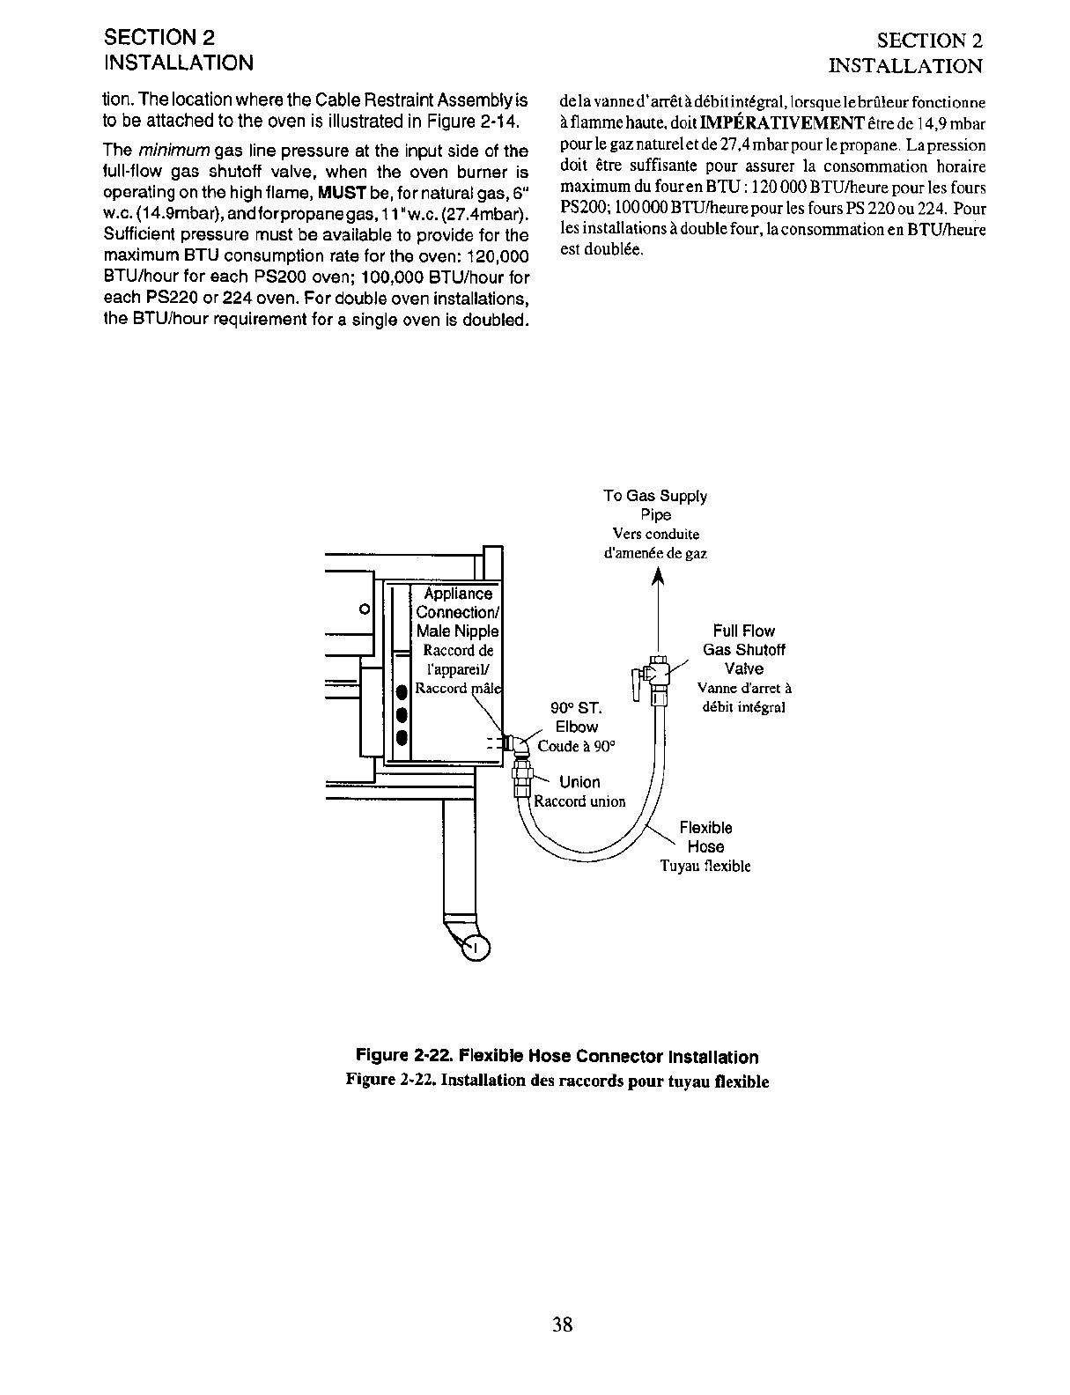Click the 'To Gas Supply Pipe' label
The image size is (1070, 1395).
(654, 506)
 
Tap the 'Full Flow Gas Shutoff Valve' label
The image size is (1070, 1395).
(743, 650)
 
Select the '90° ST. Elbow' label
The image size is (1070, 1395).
(576, 718)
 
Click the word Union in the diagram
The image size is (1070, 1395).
(579, 782)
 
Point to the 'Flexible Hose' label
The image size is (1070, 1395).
(705, 838)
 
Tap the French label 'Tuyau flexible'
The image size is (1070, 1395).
(705, 866)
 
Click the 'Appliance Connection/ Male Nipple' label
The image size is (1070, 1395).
(458, 612)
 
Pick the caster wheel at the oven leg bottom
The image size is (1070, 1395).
(476, 948)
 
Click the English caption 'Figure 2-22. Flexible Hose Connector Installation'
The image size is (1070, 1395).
(557, 1057)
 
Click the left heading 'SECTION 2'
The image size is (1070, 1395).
(159, 38)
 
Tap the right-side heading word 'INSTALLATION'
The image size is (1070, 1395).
(905, 66)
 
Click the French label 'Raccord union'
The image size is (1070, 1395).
(581, 801)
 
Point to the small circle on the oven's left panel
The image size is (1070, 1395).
(363, 609)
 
